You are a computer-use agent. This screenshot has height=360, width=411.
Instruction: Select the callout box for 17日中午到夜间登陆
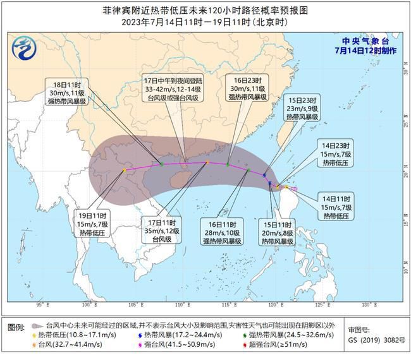[173, 90]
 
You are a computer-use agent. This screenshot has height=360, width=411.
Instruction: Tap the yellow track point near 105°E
[125, 170]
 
